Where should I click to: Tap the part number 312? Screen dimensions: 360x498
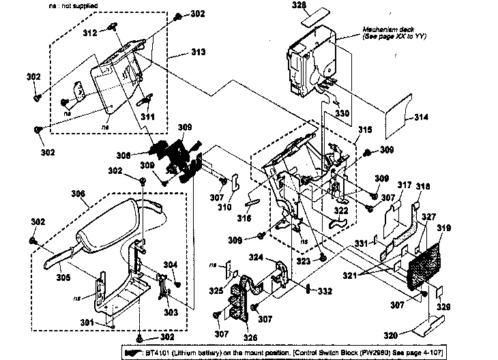pyautogui.click(x=89, y=32)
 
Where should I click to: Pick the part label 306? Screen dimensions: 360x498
pyautogui.click(x=79, y=194)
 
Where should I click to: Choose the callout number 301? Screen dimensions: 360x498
pyautogui.click(x=84, y=322)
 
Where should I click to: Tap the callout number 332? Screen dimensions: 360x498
pyautogui.click(x=324, y=291)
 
